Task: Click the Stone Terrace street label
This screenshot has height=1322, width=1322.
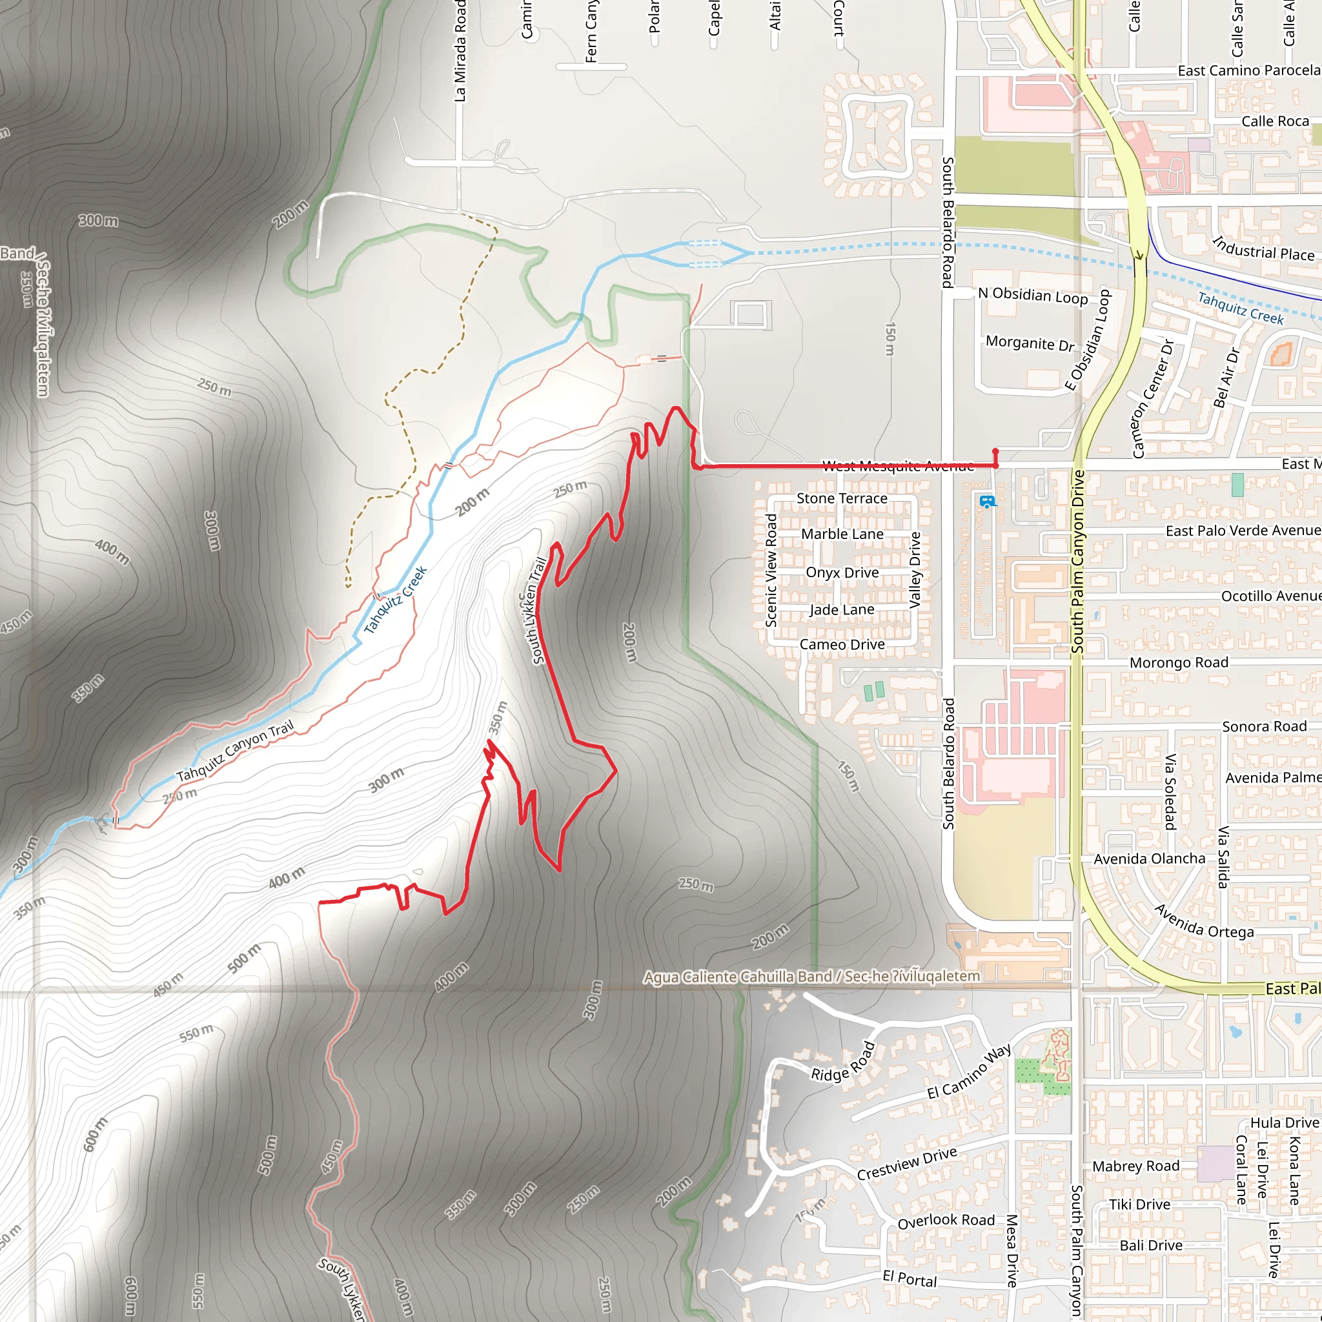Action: (x=842, y=498)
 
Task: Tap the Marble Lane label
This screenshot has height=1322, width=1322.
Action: (x=842, y=534)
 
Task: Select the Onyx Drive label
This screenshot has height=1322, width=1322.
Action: (x=842, y=572)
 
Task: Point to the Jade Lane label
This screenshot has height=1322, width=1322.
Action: (x=842, y=609)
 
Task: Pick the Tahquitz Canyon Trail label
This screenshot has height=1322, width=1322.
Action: (x=235, y=751)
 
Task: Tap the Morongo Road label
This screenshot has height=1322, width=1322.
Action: (x=1179, y=662)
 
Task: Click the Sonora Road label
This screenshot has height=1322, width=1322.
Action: (x=1265, y=726)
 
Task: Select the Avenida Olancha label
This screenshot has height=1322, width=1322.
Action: (x=1150, y=858)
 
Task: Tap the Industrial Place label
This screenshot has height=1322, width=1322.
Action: (x=1263, y=249)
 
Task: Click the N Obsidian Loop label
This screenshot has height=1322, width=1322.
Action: (x=1033, y=295)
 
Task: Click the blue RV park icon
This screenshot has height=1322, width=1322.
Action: (x=986, y=502)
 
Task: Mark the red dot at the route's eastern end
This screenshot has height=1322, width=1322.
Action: (x=995, y=452)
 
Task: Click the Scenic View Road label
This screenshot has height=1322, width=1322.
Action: (x=771, y=570)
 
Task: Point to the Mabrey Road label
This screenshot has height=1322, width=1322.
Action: (x=1136, y=1166)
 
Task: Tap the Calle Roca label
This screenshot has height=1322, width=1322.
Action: (x=1276, y=121)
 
